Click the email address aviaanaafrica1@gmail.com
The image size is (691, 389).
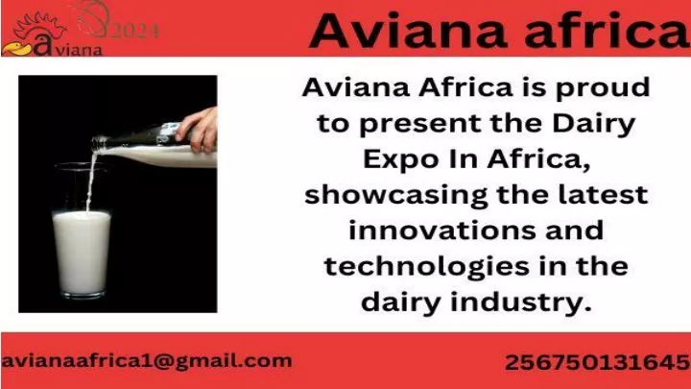click(x=146, y=362)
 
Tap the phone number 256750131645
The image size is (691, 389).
click(x=598, y=362)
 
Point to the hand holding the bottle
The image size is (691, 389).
click(x=198, y=130)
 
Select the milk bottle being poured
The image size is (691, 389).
click(x=154, y=146)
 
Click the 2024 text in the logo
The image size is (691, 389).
click(x=135, y=31)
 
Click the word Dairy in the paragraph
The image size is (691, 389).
click(x=594, y=124)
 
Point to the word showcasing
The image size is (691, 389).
click(x=395, y=195)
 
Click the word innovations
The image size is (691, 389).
click(x=442, y=231)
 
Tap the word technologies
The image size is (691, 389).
click(x=426, y=267)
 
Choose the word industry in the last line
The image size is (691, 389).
click(x=520, y=303)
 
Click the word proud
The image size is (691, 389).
click(x=603, y=88)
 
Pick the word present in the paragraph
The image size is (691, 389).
click(x=420, y=125)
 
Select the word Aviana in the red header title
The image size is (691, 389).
click(x=409, y=31)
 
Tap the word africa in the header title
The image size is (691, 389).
click(x=608, y=30)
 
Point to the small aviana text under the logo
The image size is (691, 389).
click(x=79, y=50)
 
